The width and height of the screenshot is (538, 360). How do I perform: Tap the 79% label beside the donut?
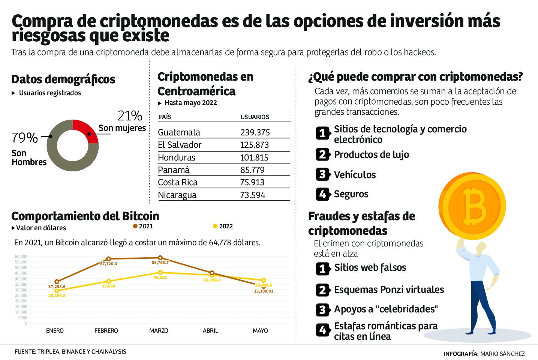(x=25, y=138)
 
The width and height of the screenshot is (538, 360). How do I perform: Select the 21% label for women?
(x=130, y=116)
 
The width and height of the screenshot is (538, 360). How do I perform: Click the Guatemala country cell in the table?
(x=179, y=132)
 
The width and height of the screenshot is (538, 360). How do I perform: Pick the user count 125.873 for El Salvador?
(x=255, y=145)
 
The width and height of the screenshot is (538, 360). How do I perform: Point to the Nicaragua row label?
(x=177, y=195)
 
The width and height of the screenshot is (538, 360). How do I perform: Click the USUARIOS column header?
(x=255, y=117)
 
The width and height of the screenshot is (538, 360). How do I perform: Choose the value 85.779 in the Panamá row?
(x=252, y=170)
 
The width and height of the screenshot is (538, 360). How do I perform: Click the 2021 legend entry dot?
(x=135, y=226)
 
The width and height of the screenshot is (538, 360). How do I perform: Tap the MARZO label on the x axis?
(x=159, y=331)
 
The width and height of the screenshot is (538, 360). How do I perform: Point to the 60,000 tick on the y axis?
(x=21, y=256)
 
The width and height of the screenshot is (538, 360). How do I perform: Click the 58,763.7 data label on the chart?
(x=160, y=263)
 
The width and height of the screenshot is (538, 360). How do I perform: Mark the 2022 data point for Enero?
(x=57, y=291)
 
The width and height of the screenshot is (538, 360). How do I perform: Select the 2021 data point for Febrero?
(x=108, y=259)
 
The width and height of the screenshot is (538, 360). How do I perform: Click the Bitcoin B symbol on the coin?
(x=474, y=205)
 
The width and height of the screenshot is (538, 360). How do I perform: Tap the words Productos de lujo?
(x=371, y=154)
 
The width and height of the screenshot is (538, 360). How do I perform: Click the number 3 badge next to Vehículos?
(x=322, y=174)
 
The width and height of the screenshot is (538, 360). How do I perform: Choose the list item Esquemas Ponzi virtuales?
(x=389, y=289)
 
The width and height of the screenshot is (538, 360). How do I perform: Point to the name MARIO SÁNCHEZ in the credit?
(x=502, y=354)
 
